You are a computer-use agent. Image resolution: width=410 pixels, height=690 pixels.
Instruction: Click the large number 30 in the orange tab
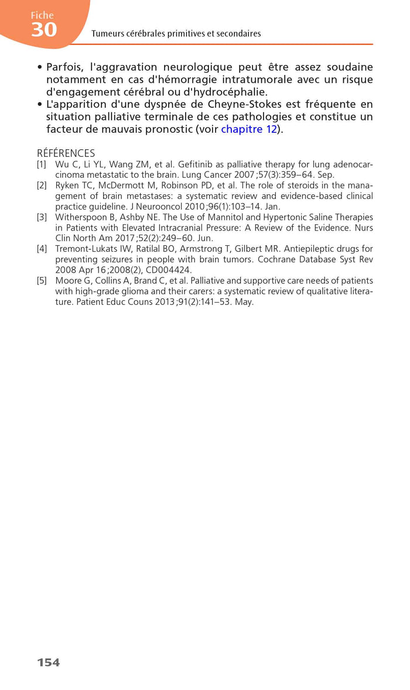click(44, 30)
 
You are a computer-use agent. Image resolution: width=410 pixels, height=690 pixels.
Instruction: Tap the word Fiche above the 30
click(42, 15)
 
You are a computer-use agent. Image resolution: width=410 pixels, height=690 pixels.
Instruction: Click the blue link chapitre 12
click(249, 129)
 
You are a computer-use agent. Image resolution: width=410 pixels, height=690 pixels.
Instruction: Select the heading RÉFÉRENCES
click(66, 153)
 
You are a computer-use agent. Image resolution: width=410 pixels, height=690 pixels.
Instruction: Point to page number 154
click(49, 662)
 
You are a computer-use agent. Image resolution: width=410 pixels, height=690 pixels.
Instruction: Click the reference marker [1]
click(42, 164)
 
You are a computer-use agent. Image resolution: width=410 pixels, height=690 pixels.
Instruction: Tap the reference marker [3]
click(42, 217)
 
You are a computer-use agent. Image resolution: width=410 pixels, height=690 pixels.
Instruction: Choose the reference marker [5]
click(42, 280)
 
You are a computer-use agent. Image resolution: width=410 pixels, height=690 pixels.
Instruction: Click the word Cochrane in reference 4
click(278, 259)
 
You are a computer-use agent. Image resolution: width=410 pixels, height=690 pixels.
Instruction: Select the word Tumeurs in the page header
click(107, 34)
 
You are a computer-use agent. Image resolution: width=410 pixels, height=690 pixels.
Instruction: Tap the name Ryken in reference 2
click(67, 186)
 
